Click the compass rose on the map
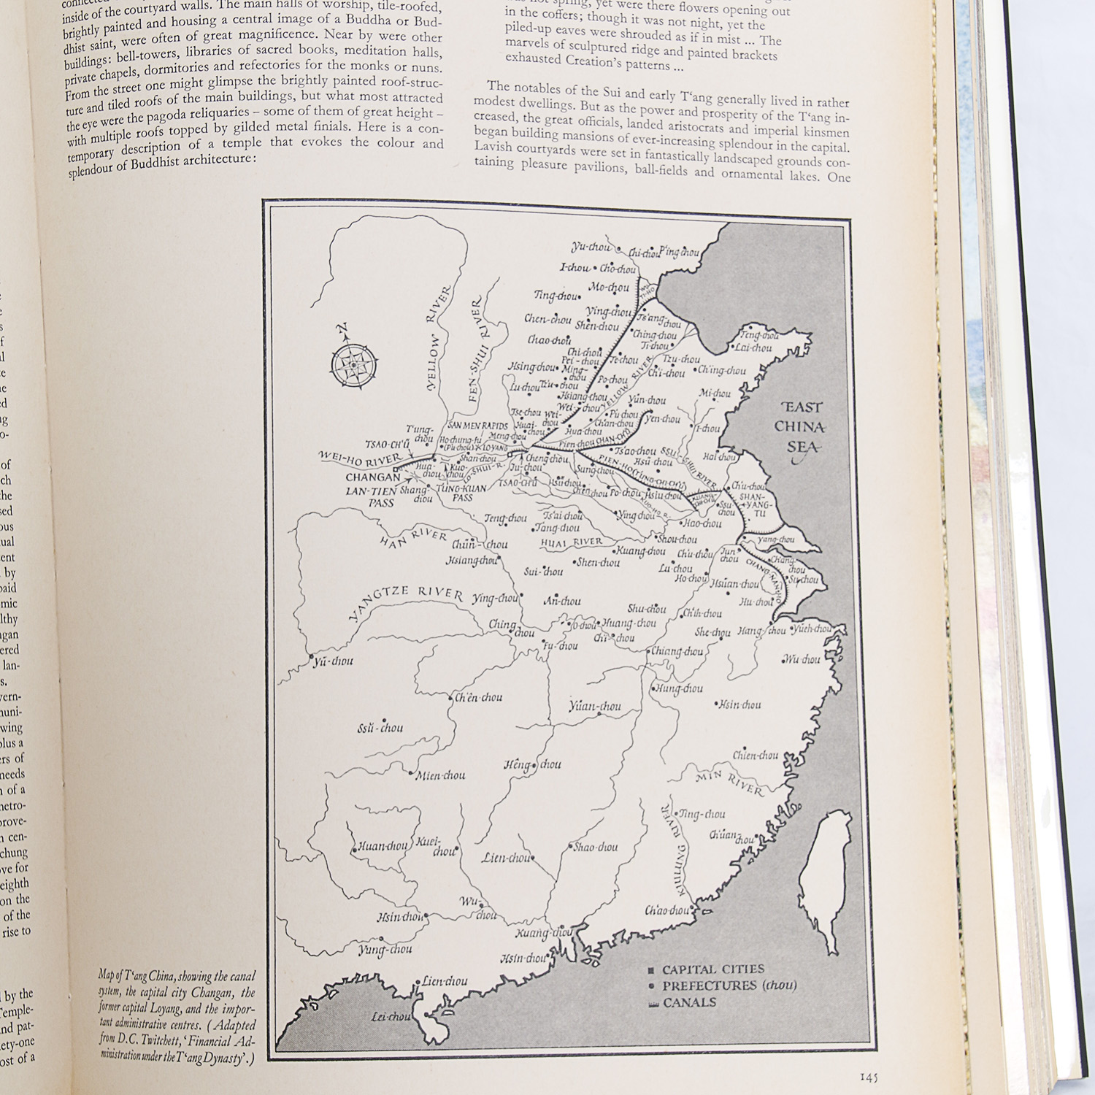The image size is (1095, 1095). [x=354, y=363]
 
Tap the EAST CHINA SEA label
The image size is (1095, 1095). [x=801, y=427]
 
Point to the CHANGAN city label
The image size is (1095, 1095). [x=372, y=477]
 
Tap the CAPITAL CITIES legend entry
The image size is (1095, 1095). [x=712, y=969]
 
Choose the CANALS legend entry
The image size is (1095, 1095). [x=688, y=1002]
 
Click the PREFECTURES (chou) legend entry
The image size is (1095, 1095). [x=728, y=985]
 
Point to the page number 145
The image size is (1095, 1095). [x=868, y=1077]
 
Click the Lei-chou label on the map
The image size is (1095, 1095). [x=391, y=1016]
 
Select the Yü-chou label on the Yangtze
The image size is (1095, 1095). [x=333, y=661]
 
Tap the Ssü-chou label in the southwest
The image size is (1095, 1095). [x=380, y=728]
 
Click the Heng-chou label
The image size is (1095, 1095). [x=532, y=765]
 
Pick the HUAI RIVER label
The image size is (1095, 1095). [x=572, y=542]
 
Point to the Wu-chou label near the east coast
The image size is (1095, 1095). [x=802, y=659]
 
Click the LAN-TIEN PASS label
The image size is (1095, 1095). [x=371, y=496]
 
